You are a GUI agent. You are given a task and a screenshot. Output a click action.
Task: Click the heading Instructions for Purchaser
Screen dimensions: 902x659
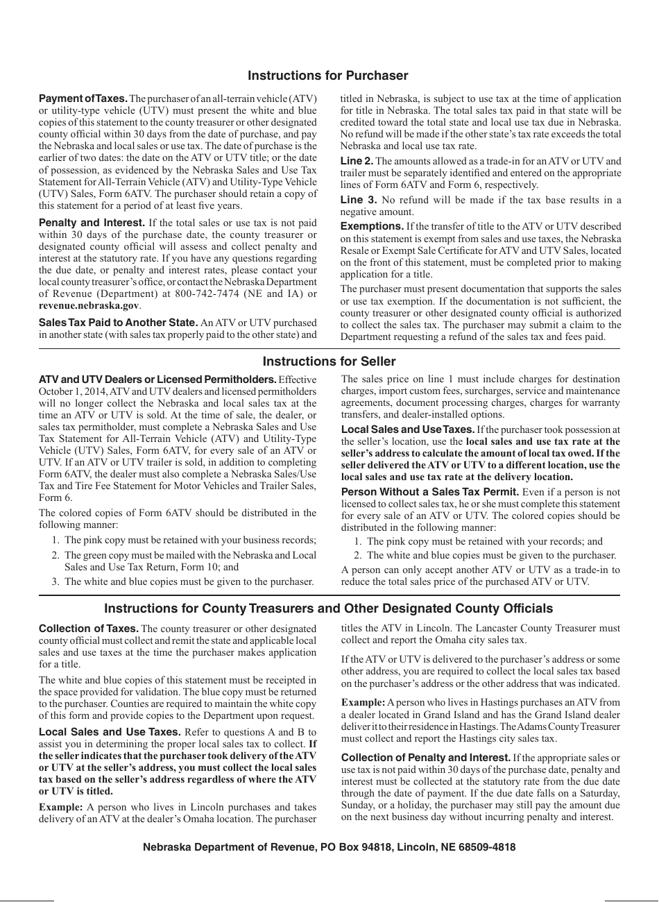(328, 76)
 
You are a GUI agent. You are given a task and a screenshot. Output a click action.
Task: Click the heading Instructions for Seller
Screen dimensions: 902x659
(329, 361)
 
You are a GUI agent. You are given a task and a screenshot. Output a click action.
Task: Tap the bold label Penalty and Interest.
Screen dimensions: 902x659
(92, 223)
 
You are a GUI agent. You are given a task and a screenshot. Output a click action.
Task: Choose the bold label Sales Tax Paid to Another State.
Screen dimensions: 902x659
(118, 322)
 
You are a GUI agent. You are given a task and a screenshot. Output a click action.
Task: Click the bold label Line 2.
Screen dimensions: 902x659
(357, 161)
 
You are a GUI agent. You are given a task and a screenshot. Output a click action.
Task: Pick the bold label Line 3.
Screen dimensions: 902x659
(358, 200)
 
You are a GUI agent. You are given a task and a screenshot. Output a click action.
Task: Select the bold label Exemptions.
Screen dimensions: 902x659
(372, 226)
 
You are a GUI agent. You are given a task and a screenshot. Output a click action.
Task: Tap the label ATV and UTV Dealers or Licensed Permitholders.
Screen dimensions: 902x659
(157, 380)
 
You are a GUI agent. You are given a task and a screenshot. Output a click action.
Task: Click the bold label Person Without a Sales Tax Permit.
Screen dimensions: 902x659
(430, 492)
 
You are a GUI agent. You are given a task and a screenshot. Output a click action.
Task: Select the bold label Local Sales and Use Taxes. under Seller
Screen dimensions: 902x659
(408, 429)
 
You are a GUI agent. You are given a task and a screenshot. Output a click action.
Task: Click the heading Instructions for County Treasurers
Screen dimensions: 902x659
(328, 609)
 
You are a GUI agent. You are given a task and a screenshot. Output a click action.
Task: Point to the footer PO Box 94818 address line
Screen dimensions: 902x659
(329, 847)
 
